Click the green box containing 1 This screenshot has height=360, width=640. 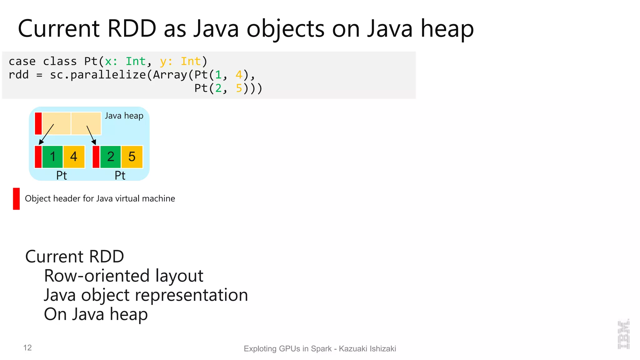click(52, 157)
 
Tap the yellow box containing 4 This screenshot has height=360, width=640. click(74, 157)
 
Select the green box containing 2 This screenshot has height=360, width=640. click(110, 157)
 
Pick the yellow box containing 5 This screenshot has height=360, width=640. click(132, 157)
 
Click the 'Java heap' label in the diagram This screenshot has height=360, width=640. click(124, 116)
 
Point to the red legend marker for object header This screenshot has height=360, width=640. click(16, 199)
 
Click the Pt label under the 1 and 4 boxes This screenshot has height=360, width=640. click(62, 176)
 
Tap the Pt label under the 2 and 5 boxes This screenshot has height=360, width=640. click(120, 176)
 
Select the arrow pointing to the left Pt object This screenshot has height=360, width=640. click(47, 134)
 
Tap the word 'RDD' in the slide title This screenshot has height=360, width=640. click(132, 29)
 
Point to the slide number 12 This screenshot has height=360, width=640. click(27, 348)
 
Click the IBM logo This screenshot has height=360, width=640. click(623, 334)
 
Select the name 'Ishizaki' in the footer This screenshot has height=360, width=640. click(383, 349)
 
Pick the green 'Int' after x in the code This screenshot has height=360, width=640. click(136, 62)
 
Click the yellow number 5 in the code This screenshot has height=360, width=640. click(239, 88)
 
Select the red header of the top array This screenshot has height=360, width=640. click(38, 123)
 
